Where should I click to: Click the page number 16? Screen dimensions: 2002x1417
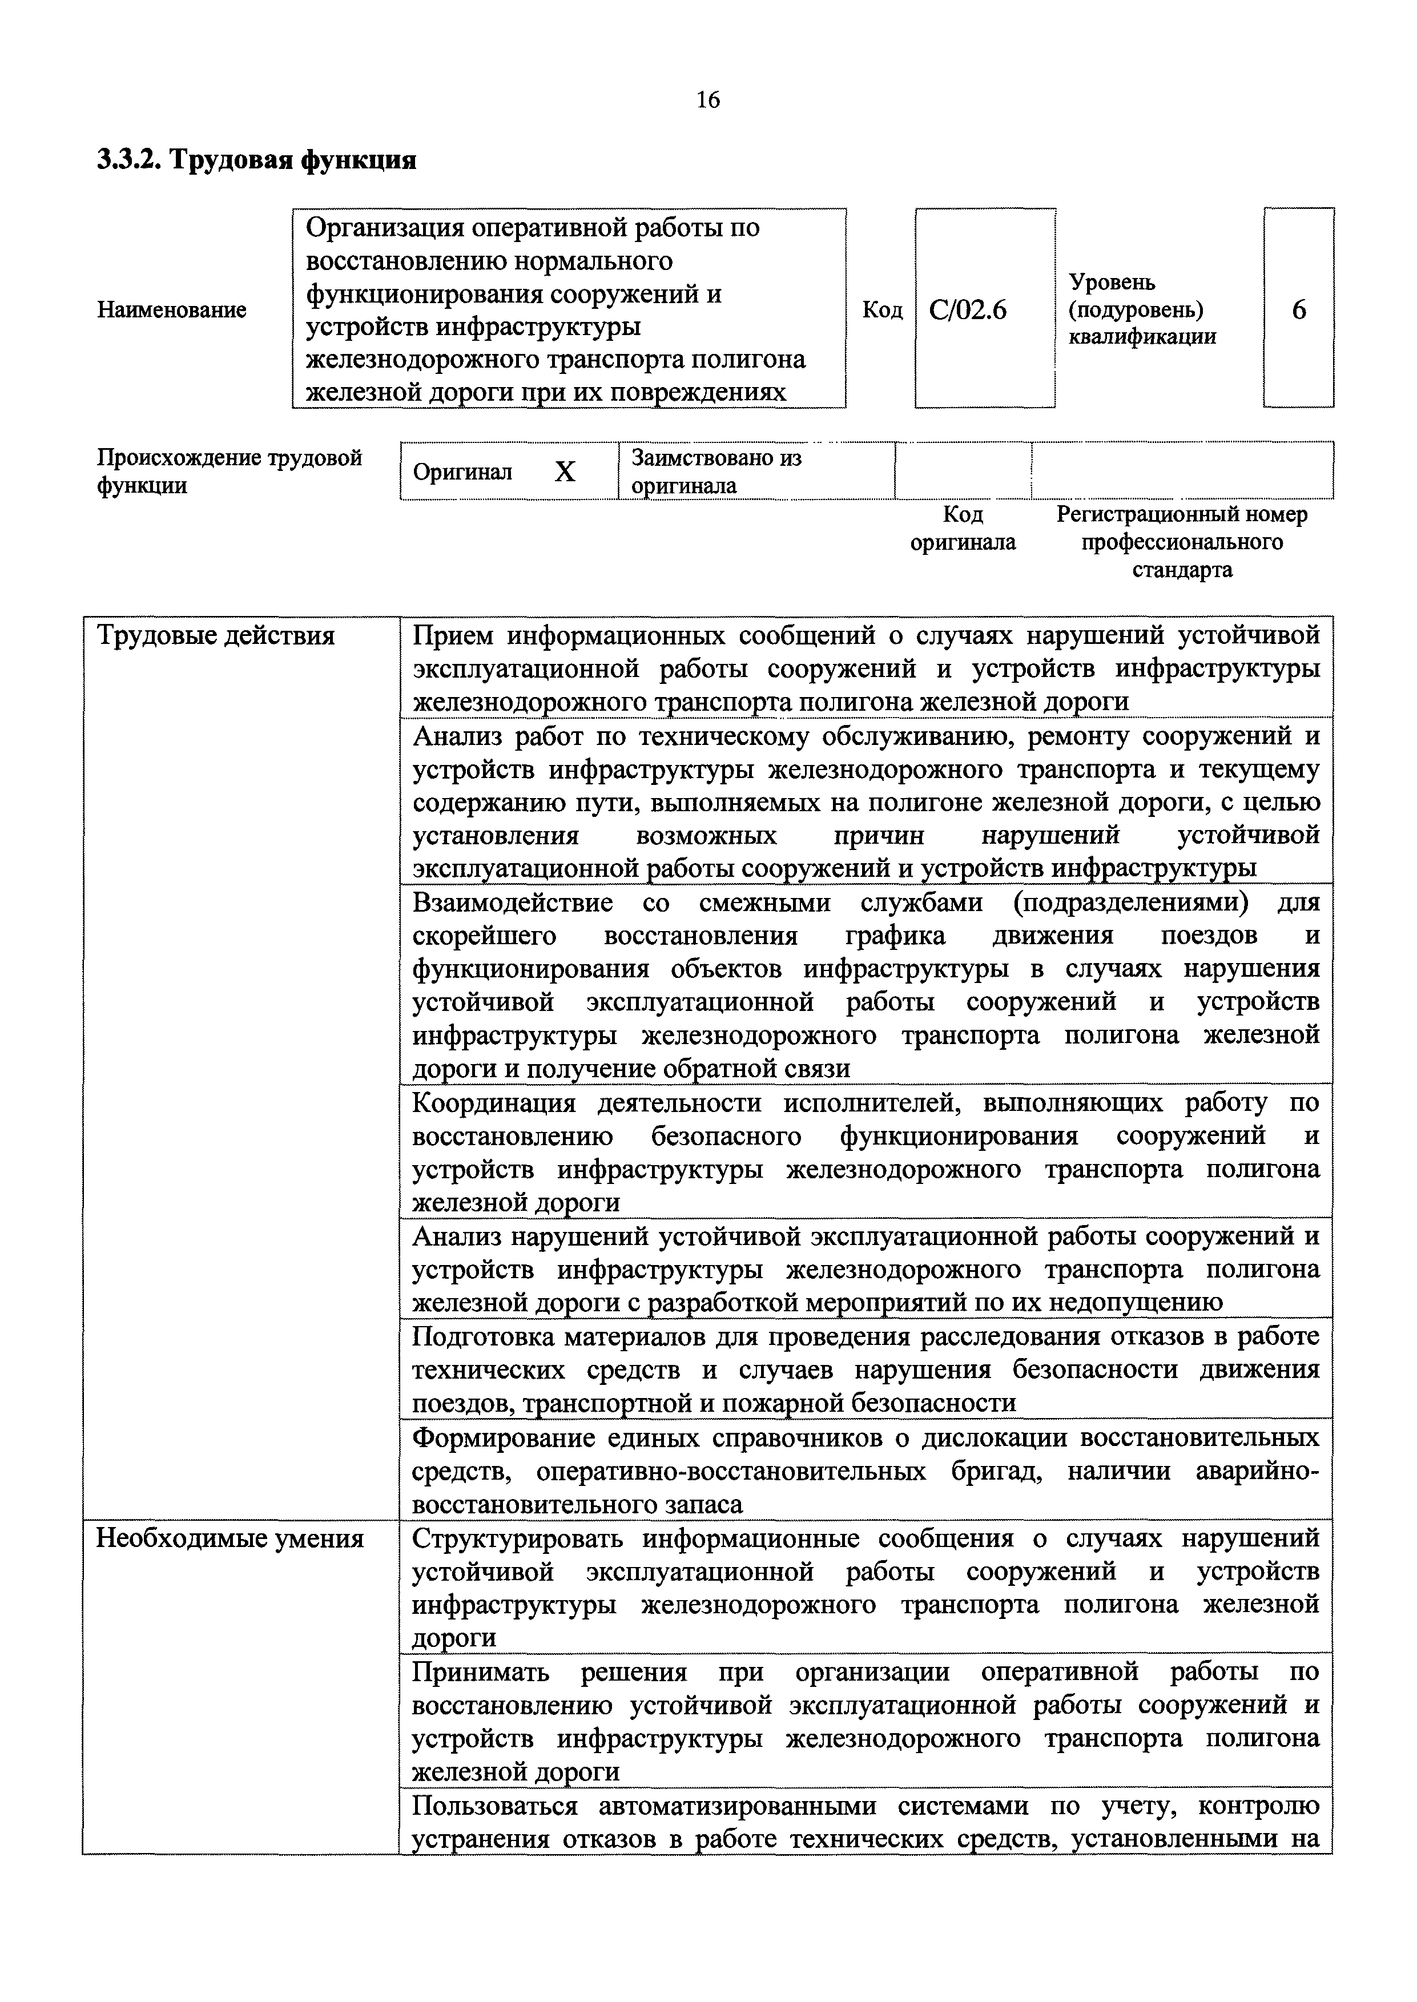tap(707, 100)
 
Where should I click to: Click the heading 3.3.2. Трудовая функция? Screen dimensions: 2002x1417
tap(256, 160)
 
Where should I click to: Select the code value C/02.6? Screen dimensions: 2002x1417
tap(968, 309)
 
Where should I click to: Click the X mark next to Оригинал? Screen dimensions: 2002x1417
tap(565, 472)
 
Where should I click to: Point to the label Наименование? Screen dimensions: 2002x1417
tap(171, 309)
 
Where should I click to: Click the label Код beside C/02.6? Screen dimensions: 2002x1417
tap(882, 309)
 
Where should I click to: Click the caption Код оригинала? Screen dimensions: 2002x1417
tap(963, 528)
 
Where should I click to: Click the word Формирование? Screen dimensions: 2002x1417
tap(506, 1437)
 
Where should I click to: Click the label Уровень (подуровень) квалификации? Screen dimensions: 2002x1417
tap(1142, 309)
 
